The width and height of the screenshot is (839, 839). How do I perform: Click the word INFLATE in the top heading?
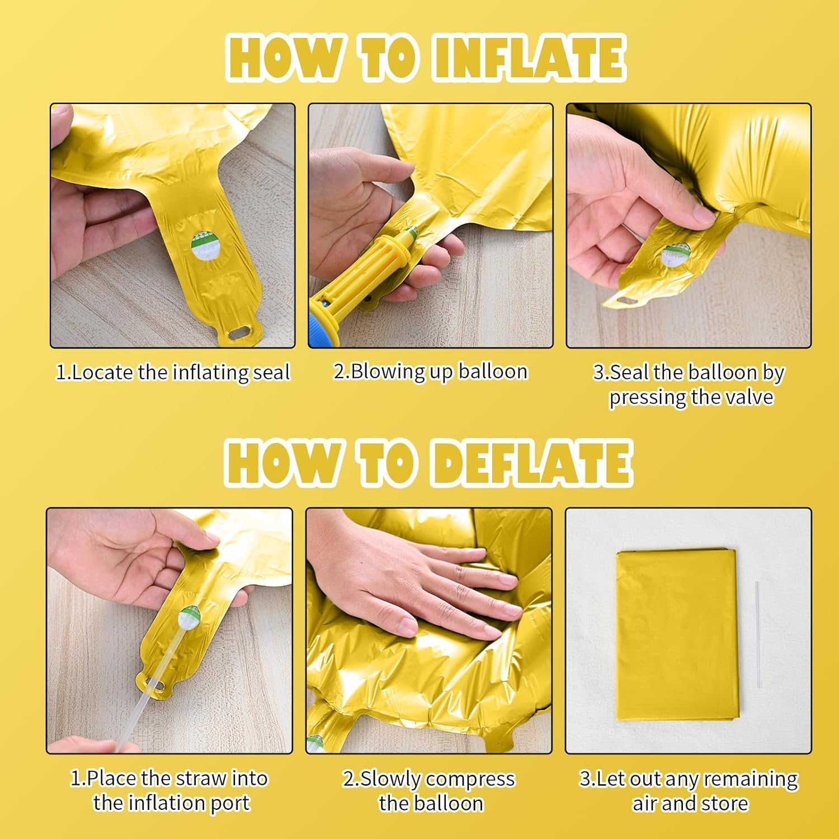pos(529,58)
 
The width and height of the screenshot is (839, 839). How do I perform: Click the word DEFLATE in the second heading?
pos(532,464)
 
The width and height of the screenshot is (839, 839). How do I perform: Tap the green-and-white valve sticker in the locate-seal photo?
pos(201,247)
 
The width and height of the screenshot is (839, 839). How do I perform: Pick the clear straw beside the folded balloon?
pos(758,634)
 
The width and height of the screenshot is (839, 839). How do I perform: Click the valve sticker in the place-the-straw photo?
pos(188,619)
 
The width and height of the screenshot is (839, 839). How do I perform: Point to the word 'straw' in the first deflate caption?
pos(200,778)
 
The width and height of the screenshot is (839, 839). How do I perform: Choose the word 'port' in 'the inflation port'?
pos(230,804)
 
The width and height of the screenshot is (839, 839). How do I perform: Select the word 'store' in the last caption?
pos(725,804)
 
